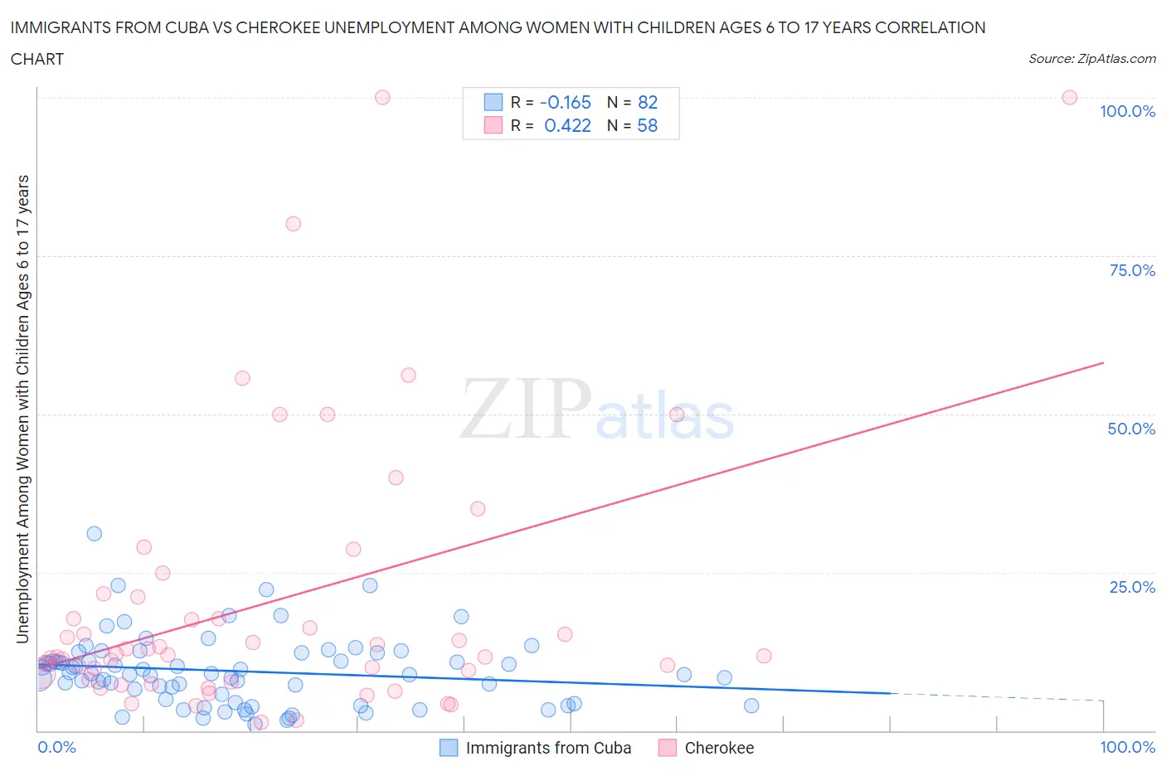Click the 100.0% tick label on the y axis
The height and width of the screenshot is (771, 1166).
pyautogui.click(x=1127, y=112)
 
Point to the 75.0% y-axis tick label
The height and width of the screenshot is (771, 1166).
pyautogui.click(x=1131, y=270)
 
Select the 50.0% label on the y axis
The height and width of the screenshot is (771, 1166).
pyautogui.click(x=1131, y=429)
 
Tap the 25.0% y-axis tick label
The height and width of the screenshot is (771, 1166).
pyautogui.click(x=1131, y=587)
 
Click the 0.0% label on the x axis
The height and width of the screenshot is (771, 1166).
pyautogui.click(x=56, y=747)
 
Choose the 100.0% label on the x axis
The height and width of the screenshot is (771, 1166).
pyautogui.click(x=1127, y=747)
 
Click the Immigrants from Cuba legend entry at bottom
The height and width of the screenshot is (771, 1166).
pyautogui.click(x=548, y=748)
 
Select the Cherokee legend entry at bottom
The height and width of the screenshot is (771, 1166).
pyautogui.click(x=719, y=748)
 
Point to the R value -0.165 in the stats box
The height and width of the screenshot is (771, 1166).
pyautogui.click(x=565, y=102)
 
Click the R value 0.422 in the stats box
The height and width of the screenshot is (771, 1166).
pyautogui.click(x=567, y=125)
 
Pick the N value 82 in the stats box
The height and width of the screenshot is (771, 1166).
pyautogui.click(x=647, y=102)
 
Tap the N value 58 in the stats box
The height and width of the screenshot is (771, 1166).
pyautogui.click(x=647, y=125)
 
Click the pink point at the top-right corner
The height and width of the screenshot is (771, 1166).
pyautogui.click(x=1069, y=98)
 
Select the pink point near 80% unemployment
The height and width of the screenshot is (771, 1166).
pyautogui.click(x=293, y=224)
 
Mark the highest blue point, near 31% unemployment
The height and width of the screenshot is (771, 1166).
pyautogui.click(x=95, y=534)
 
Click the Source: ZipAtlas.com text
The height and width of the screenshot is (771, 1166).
pyautogui.click(x=1091, y=58)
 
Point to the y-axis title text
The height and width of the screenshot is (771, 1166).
pyautogui.click(x=22, y=409)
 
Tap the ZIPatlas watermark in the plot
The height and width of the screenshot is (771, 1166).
pyautogui.click(x=597, y=410)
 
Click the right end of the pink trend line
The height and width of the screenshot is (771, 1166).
pyautogui.click(x=1103, y=363)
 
